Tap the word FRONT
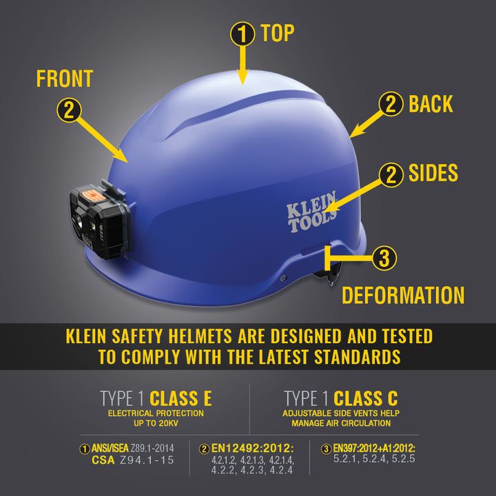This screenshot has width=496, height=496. pyautogui.click(x=65, y=79)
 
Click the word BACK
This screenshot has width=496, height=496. pyautogui.click(x=431, y=105)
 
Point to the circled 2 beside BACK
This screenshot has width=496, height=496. pyautogui.click(x=391, y=105)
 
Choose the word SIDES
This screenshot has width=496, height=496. pyautogui.click(x=433, y=174)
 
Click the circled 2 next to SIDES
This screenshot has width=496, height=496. pyautogui.click(x=391, y=174)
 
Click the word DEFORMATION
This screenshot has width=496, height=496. pyautogui.click(x=403, y=296)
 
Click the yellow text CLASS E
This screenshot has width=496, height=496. pyautogui.click(x=180, y=398)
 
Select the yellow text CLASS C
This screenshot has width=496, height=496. pyautogui.click(x=365, y=398)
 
